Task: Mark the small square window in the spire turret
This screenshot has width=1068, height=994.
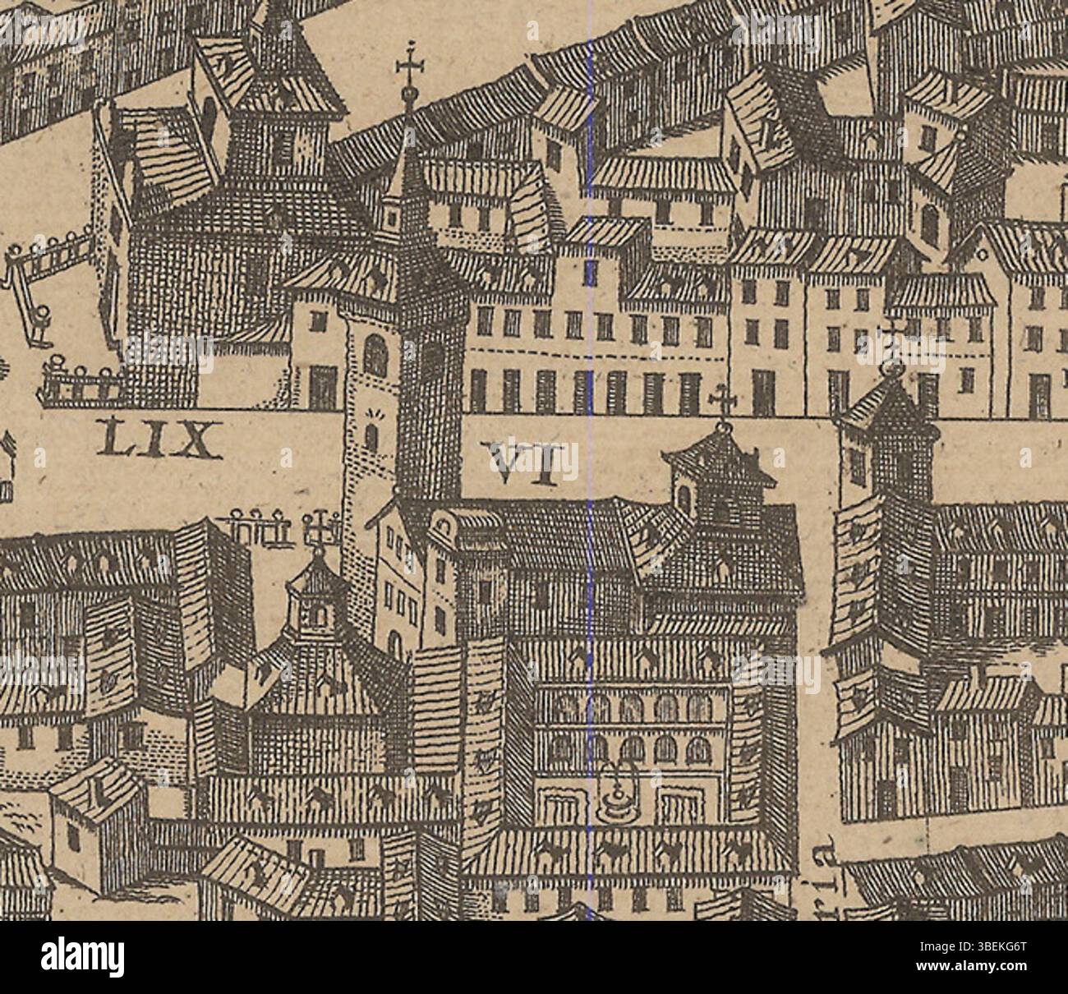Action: [x=392, y=218]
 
